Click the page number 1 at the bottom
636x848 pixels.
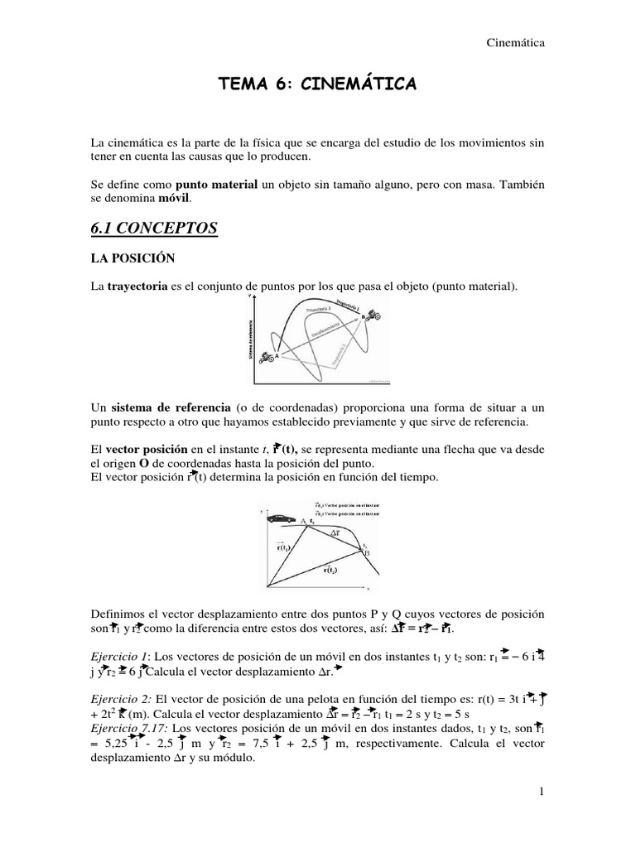tap(539, 793)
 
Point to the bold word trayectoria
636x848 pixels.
tap(136, 287)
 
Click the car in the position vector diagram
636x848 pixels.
tap(281, 518)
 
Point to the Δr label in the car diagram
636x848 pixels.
tap(335, 535)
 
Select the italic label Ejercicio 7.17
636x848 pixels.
tap(127, 730)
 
